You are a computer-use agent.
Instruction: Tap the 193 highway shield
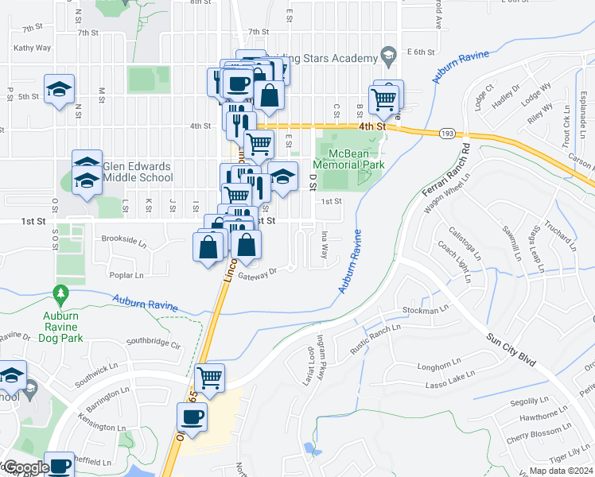(x=446, y=135)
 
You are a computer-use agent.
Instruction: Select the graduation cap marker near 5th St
(x=59, y=91)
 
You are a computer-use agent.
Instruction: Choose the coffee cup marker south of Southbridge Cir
(x=192, y=416)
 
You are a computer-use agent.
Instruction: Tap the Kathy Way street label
(x=32, y=48)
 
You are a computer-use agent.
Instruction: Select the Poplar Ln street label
(x=127, y=275)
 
